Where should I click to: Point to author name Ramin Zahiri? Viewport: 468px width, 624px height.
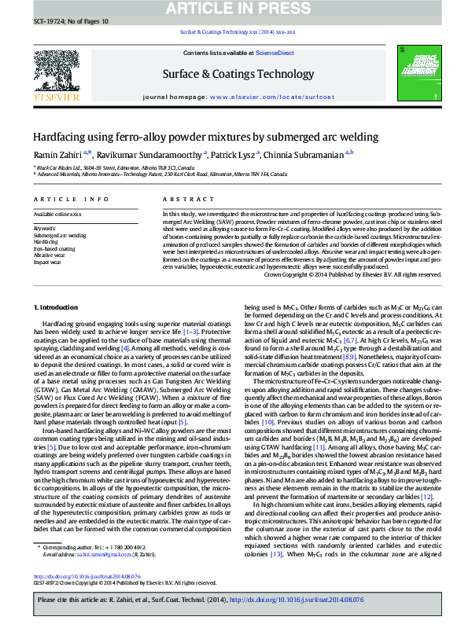click(56, 156)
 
